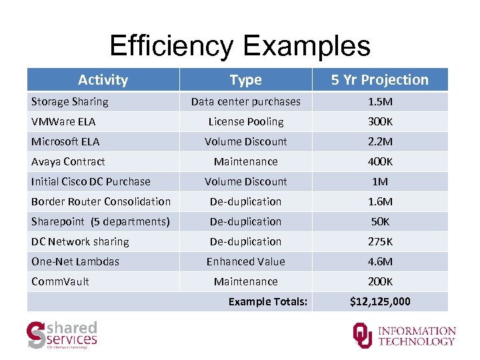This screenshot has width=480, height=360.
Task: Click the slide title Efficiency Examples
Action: [239, 46]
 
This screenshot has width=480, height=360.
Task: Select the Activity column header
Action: [103, 80]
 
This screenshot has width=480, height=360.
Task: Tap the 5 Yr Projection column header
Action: [379, 80]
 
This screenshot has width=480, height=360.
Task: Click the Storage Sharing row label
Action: [69, 101]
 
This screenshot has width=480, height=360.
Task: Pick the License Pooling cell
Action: [245, 121]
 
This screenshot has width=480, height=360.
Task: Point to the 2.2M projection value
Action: [379, 141]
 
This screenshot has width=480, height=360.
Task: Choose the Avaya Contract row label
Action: [68, 161]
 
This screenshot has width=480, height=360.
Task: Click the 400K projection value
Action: [379, 161]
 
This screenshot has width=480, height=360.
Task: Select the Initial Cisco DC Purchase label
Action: [91, 181]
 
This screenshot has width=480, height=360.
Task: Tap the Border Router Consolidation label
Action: [101, 201]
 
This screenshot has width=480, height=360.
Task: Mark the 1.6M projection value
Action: [379, 201]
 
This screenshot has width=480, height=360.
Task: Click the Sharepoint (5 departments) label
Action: [100, 221]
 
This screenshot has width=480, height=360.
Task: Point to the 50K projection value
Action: [379, 221]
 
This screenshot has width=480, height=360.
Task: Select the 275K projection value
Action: [379, 241]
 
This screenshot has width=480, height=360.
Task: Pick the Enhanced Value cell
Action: [245, 261]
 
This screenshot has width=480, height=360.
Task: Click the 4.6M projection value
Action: [379, 261]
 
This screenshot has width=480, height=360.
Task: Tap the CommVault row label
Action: [60, 281]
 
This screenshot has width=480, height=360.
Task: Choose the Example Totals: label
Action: [268, 301]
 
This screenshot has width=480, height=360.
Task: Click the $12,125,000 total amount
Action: [380, 301]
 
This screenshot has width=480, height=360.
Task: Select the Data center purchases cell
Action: [245, 101]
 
